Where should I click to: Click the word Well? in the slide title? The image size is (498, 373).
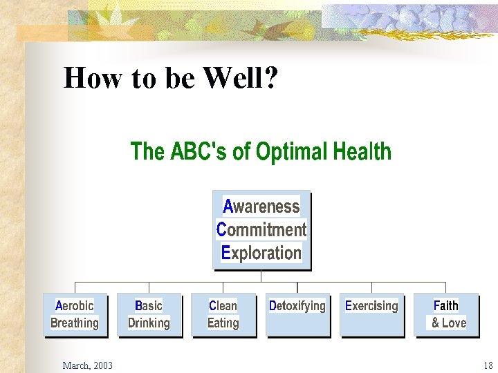click(240, 79)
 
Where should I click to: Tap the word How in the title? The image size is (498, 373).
click(86, 79)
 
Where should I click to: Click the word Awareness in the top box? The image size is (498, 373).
click(261, 207)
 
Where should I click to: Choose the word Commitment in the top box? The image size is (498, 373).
click(261, 229)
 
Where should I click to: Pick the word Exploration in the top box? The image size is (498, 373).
click(261, 253)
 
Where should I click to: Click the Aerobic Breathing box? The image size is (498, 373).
click(75, 315)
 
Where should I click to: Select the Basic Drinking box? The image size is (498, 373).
click(149, 315)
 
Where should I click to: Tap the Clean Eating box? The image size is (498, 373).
click(223, 315)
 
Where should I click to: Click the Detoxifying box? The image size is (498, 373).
click(297, 315)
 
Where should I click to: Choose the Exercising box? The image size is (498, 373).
click(371, 315)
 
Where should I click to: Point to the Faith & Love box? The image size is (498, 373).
click(446, 315)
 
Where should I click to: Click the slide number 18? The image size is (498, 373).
click(488, 365)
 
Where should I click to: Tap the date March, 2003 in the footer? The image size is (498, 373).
click(87, 365)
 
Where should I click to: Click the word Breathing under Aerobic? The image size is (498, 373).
click(75, 323)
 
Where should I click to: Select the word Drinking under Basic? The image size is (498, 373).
click(149, 323)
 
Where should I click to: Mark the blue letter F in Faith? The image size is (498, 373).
click(436, 305)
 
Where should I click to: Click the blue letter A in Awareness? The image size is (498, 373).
click(228, 207)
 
